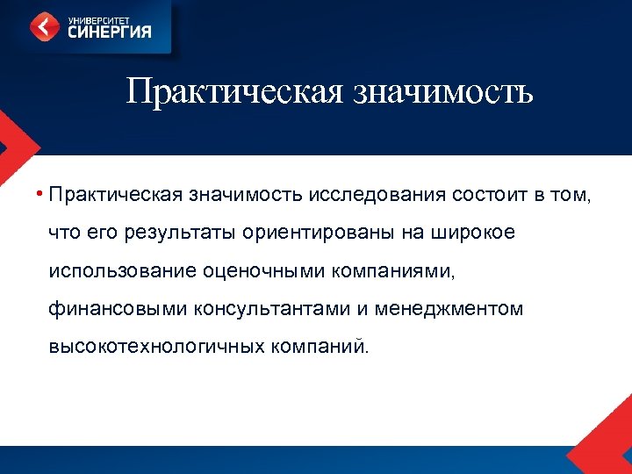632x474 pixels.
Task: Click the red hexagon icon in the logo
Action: click(46, 26)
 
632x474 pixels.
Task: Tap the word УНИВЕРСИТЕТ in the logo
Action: click(95, 18)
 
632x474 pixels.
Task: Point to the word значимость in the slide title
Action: click(442, 90)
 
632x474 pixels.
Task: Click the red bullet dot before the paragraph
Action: click(40, 194)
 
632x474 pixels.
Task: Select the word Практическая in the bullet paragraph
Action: click(115, 194)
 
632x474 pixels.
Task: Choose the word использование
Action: click(118, 270)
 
